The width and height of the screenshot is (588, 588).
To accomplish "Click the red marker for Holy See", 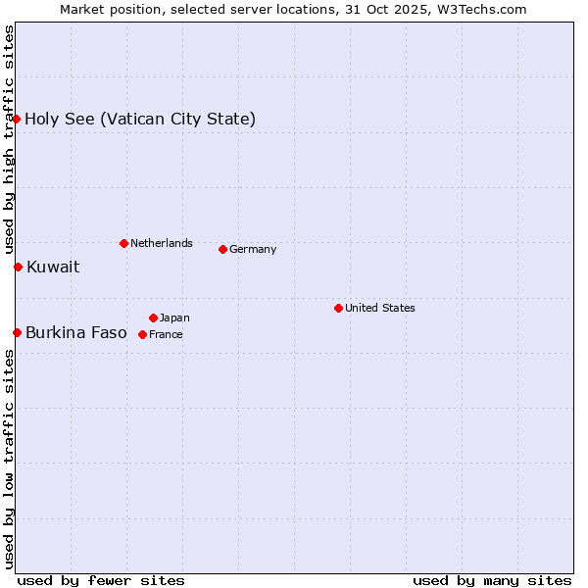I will click(x=17, y=119).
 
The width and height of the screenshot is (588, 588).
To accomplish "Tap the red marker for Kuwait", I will click(x=18, y=267).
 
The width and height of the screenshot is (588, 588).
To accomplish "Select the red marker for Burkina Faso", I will click(x=17, y=332).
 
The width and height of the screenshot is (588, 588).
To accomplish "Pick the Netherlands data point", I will click(x=123, y=243).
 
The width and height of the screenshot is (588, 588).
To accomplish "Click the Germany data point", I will click(x=222, y=249).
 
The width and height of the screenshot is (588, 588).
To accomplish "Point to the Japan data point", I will click(x=153, y=318).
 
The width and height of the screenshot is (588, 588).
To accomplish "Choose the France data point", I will click(x=142, y=334).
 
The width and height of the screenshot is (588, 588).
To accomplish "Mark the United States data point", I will click(x=338, y=308).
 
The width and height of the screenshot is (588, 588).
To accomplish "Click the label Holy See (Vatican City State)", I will click(x=140, y=120).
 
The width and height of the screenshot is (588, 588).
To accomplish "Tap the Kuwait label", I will click(x=53, y=267).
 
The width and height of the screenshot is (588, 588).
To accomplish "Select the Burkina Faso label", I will click(x=76, y=332).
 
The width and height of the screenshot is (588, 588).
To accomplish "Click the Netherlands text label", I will click(x=162, y=243).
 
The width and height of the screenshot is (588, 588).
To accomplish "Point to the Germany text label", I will click(x=253, y=249).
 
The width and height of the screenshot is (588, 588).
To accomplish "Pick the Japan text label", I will click(x=174, y=318).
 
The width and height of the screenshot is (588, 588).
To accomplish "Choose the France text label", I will click(x=166, y=334).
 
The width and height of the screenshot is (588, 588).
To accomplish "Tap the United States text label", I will click(x=380, y=308).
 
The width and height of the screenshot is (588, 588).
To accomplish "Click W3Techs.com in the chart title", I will click(x=481, y=9).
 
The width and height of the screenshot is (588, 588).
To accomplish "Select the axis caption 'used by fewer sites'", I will click(x=101, y=580).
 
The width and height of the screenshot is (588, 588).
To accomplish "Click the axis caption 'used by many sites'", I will click(x=492, y=580).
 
